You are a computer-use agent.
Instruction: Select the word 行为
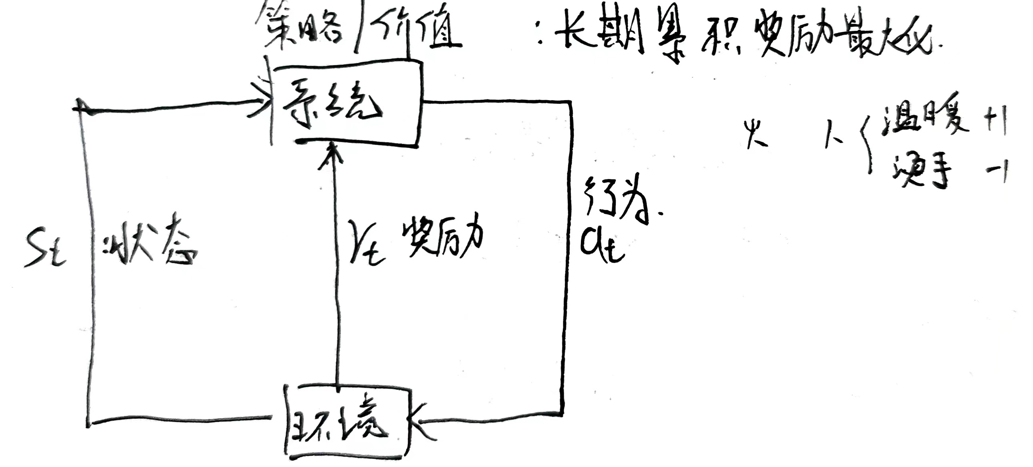tap(616, 199)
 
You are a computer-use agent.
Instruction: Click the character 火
tap(756, 135)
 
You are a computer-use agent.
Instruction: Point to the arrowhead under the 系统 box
tap(331, 155)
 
